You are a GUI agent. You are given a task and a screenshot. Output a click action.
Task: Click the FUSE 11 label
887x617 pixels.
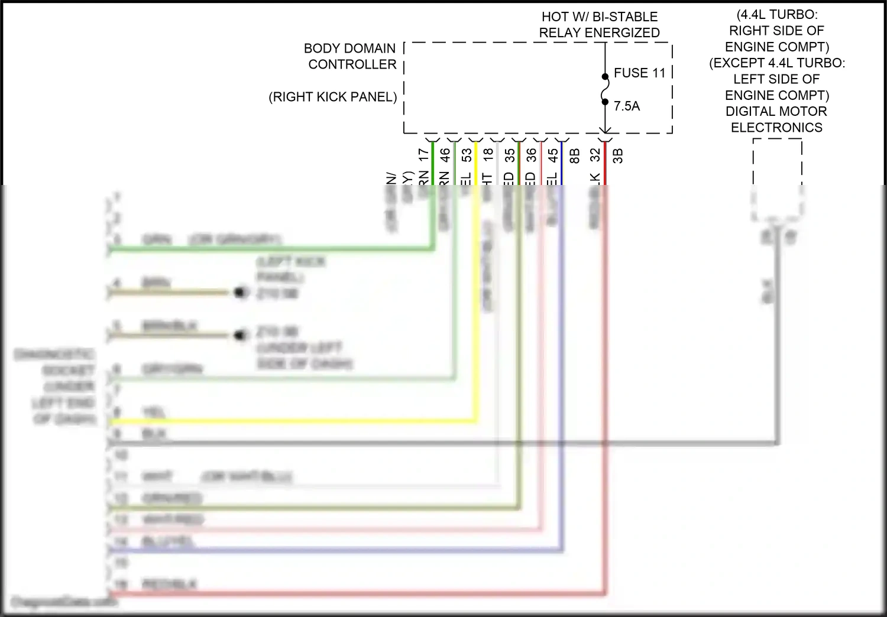(639, 73)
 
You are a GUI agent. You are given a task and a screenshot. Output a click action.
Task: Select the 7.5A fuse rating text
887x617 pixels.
(627, 106)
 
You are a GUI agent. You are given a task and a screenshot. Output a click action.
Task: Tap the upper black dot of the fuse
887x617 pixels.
(605, 76)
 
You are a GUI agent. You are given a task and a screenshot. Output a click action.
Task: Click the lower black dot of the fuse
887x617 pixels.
(605, 102)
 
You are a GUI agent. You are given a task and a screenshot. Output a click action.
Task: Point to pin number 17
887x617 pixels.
(423, 155)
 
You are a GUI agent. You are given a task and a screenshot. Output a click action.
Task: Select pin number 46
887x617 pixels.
(445, 155)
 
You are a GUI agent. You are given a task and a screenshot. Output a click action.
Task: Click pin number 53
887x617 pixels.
(467, 155)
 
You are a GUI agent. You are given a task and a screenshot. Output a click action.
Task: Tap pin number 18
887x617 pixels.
(488, 155)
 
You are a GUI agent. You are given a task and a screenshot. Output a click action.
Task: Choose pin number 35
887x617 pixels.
(510, 155)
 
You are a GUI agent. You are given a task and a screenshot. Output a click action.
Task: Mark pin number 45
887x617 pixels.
(553, 155)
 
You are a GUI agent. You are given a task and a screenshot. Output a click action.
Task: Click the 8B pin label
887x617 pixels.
(574, 155)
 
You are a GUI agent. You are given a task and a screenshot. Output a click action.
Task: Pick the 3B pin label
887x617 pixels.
(618, 155)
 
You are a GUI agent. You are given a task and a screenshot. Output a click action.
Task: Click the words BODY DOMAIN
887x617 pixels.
(349, 48)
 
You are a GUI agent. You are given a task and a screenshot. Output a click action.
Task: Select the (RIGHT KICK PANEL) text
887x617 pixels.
(333, 97)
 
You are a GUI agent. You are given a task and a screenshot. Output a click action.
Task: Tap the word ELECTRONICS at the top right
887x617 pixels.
(776, 128)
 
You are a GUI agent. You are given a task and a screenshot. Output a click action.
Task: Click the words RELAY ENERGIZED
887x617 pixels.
(599, 33)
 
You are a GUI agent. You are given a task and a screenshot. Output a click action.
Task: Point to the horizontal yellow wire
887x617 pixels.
(296, 421)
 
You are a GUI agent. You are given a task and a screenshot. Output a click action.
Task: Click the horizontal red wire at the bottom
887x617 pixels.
(355, 592)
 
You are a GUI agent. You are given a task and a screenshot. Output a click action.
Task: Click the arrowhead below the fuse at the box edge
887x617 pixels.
(605, 129)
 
